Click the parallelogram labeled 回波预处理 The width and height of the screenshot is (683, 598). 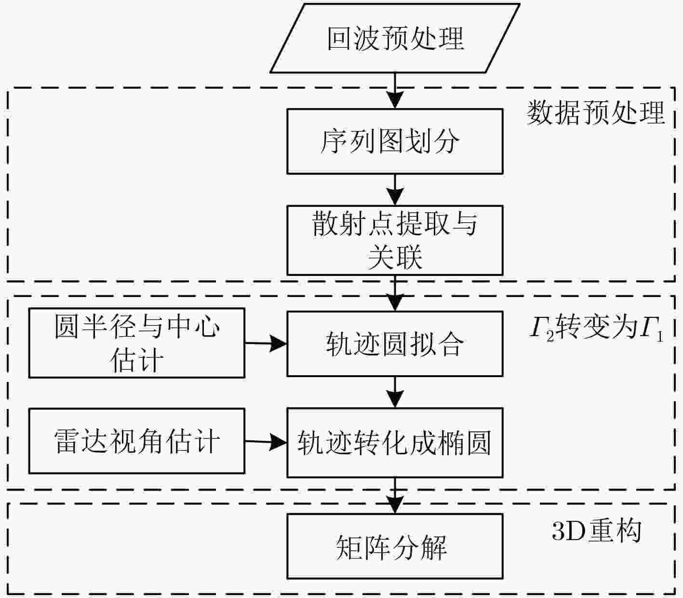(395, 38)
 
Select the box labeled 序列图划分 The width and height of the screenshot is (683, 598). (395, 141)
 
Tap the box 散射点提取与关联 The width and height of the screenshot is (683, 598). (395, 240)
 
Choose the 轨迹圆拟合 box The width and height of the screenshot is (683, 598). (395, 344)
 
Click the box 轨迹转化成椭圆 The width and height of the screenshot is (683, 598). (395, 443)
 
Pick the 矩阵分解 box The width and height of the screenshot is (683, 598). (395, 546)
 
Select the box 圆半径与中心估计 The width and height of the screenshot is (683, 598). (137, 343)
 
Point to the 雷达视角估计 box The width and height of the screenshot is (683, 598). (137, 441)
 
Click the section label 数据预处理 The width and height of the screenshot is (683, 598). (596, 113)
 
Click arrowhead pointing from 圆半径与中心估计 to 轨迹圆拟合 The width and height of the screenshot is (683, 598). (278, 343)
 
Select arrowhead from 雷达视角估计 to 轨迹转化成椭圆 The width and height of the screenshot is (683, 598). (278, 442)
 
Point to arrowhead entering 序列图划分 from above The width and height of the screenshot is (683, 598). (395, 100)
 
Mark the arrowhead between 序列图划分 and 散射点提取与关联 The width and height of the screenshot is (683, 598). (395, 197)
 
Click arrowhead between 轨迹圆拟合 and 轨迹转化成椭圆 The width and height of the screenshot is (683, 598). (395, 399)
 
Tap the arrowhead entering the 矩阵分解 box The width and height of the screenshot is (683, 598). (395, 505)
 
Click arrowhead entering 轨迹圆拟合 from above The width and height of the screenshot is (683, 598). (395, 302)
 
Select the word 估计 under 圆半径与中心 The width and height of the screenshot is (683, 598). (137, 360)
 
